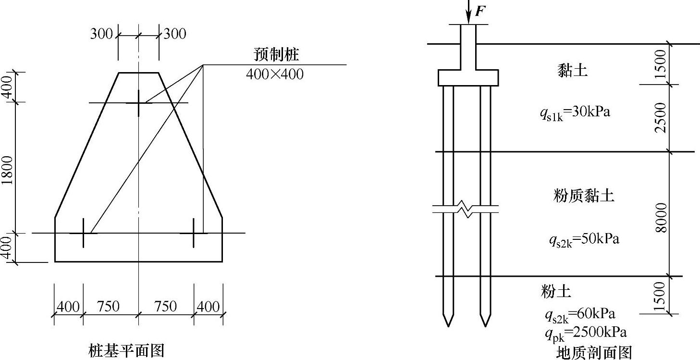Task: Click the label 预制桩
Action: tap(276, 54)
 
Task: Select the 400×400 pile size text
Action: tap(275, 74)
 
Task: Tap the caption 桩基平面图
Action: tap(126, 350)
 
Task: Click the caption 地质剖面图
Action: tap(594, 353)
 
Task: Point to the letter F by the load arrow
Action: tap(480, 11)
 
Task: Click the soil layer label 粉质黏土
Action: tap(584, 196)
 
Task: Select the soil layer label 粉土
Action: tap(556, 291)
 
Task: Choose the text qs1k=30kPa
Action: tap(575, 113)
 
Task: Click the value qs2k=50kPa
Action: tap(584, 240)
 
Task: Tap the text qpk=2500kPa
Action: tap(586, 333)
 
